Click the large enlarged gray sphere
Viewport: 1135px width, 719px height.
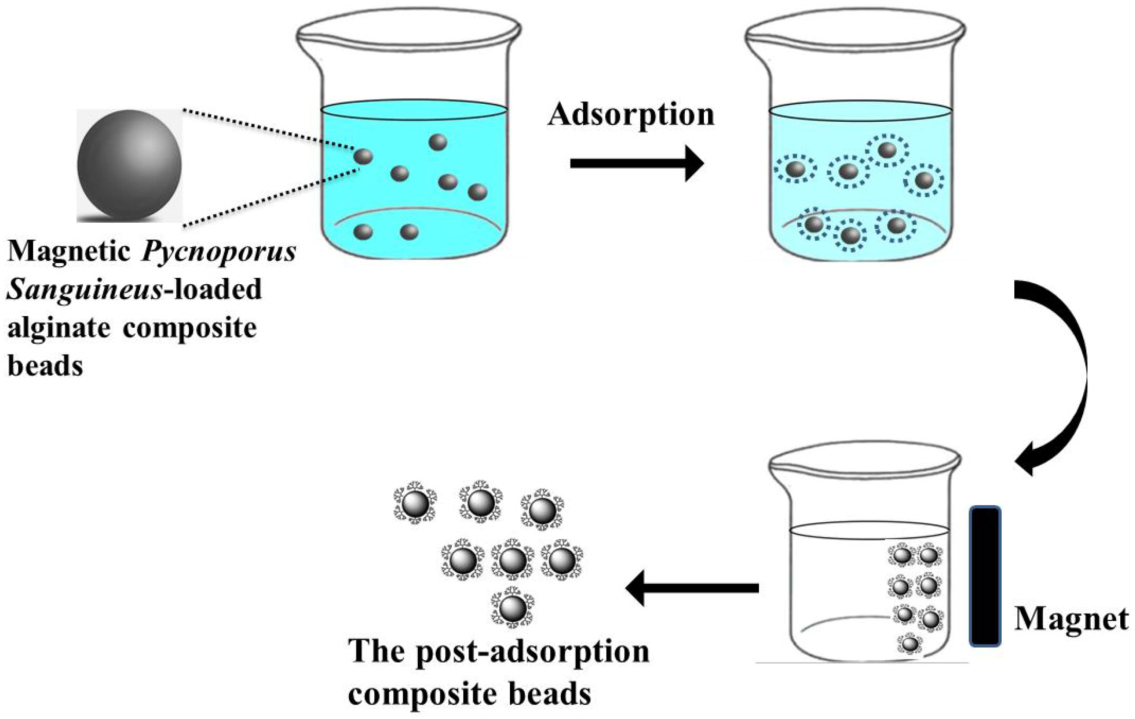click(x=129, y=164)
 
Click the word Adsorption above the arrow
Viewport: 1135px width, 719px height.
click(x=631, y=115)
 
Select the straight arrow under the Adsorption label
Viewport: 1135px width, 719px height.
click(x=636, y=163)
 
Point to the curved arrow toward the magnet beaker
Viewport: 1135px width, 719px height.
click(x=1061, y=373)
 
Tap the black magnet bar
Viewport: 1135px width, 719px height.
click(x=985, y=575)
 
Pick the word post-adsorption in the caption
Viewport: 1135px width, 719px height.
click(x=533, y=652)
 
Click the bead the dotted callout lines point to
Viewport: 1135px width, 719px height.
click(x=363, y=156)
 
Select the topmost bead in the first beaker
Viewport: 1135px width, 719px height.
click(x=438, y=142)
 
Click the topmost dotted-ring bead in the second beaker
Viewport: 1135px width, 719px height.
click(x=887, y=150)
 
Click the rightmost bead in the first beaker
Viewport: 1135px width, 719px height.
click(x=478, y=191)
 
